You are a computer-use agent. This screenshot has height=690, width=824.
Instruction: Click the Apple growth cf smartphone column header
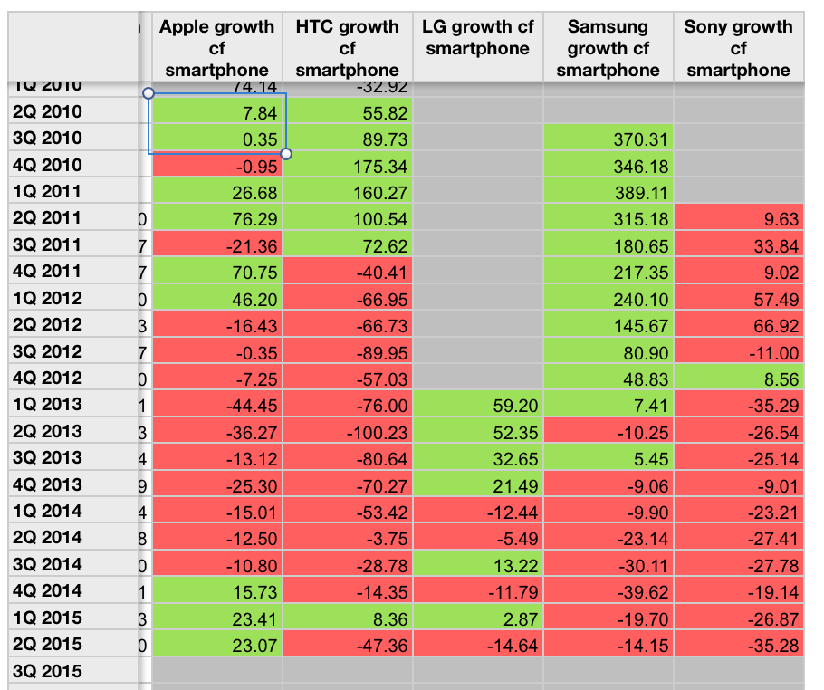click(x=216, y=48)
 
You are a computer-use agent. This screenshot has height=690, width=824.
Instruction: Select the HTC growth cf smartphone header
click(x=347, y=48)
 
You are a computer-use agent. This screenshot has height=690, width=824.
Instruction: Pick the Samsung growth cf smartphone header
click(x=608, y=48)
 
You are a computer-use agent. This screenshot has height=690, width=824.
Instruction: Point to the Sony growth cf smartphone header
click(x=738, y=48)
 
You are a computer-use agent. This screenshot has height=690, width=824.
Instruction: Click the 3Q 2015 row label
click(x=49, y=671)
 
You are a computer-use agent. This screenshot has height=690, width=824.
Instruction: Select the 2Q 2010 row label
click(x=49, y=112)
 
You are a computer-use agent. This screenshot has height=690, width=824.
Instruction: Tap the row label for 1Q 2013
click(x=49, y=405)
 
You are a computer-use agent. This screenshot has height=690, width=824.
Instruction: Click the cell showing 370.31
click(x=608, y=139)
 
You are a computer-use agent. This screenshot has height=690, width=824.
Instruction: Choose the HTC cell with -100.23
click(x=347, y=432)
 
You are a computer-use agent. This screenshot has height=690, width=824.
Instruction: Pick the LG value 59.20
click(x=477, y=405)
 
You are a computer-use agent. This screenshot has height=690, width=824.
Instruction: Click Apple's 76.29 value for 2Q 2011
click(x=216, y=218)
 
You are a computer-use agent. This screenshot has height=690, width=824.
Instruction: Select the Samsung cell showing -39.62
click(x=608, y=591)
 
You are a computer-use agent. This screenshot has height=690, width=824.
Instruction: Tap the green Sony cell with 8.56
click(x=738, y=379)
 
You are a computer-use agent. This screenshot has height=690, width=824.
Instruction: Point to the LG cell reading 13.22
click(x=477, y=565)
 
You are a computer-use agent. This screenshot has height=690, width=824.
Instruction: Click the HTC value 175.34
click(x=347, y=166)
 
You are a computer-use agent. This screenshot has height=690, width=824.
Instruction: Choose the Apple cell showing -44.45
click(x=216, y=405)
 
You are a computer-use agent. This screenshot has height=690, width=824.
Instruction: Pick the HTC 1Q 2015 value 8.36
click(x=347, y=618)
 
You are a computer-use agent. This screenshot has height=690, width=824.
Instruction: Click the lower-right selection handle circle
click(x=287, y=154)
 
